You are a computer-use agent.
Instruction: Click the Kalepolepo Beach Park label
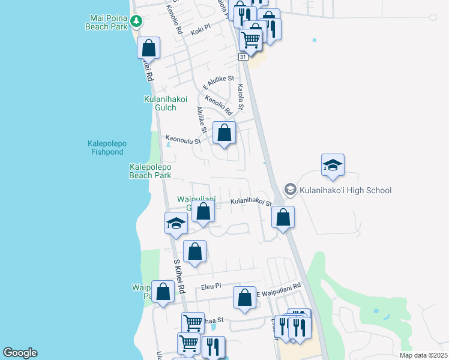pyautogui.click(x=151, y=171)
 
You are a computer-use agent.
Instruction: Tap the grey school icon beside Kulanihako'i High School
pyautogui.click(x=291, y=190)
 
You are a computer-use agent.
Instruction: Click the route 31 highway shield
pyautogui.click(x=243, y=56)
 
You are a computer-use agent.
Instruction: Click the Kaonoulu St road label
pyautogui.click(x=183, y=139)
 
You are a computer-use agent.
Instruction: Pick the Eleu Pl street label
pyautogui.click(x=211, y=287)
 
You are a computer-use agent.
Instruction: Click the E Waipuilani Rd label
pyautogui.click(x=278, y=292)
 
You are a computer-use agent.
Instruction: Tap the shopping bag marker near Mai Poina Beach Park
pyautogui.click(x=148, y=48)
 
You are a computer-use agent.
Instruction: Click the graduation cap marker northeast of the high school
pyautogui.click(x=333, y=166)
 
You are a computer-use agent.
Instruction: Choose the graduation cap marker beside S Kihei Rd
pyautogui.click(x=176, y=223)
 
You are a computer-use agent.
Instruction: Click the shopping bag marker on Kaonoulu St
pyautogui.click(x=224, y=133)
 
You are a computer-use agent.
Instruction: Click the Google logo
pyautogui.click(x=20, y=353)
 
